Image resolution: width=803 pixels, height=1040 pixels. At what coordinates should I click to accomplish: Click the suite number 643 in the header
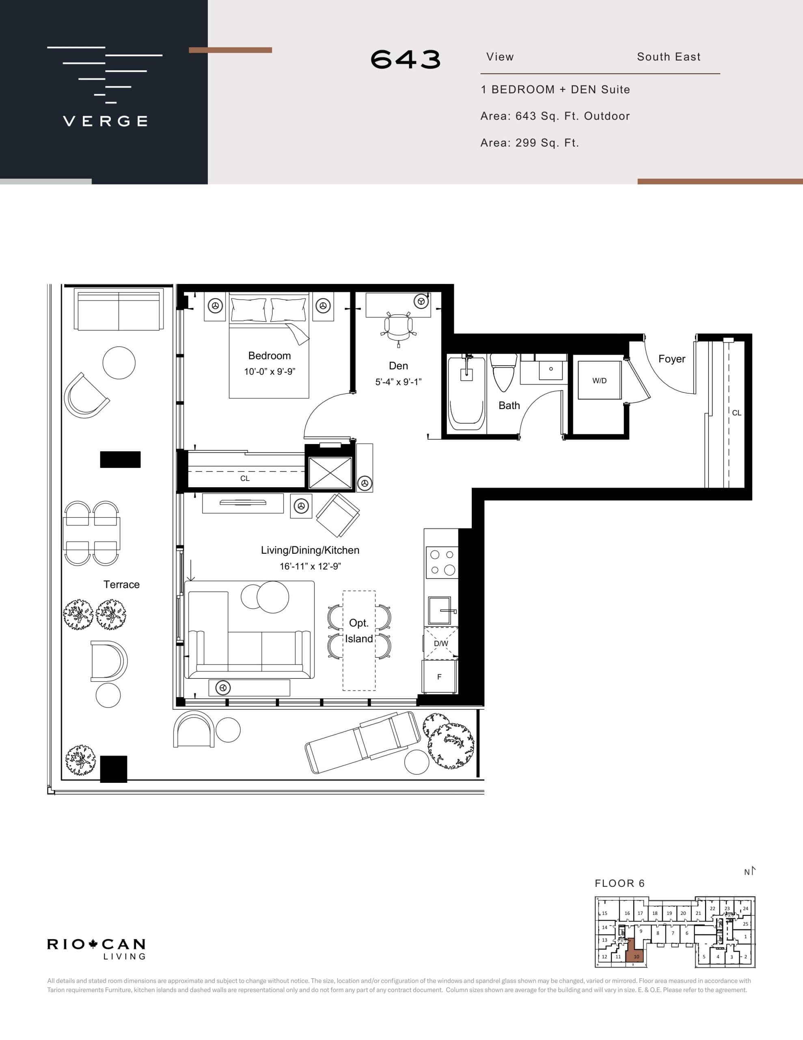pyautogui.click(x=406, y=60)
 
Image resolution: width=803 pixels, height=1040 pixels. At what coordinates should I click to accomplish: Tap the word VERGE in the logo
pyautogui.click(x=105, y=121)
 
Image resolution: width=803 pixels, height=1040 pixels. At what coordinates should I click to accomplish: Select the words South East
pyautogui.click(x=668, y=56)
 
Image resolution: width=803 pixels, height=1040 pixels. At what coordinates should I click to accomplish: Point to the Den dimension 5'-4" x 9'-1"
pyautogui.click(x=398, y=382)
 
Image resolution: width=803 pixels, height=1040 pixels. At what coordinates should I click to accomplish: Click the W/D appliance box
pyautogui.click(x=599, y=380)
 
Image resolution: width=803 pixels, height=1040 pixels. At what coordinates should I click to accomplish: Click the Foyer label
pyautogui.click(x=671, y=359)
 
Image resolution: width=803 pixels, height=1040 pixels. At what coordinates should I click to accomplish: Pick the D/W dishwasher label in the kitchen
pyautogui.click(x=441, y=643)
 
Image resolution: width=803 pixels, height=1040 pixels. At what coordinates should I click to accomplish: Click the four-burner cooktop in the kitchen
pyautogui.click(x=442, y=562)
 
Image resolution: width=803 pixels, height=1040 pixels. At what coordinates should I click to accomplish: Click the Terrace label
pyautogui.click(x=121, y=584)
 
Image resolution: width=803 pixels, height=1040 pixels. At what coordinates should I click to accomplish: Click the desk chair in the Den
pyautogui.click(x=398, y=326)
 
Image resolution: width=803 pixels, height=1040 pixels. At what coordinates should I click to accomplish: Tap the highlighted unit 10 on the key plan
pyautogui.click(x=635, y=956)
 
